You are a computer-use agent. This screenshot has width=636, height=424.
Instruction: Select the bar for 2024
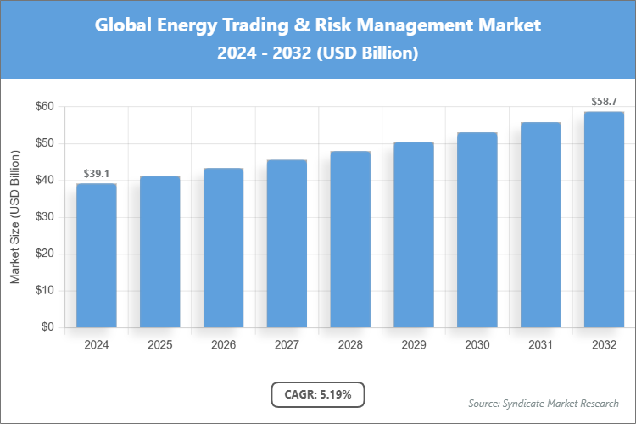[x=97, y=255]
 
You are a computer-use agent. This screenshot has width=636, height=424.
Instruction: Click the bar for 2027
[x=287, y=243]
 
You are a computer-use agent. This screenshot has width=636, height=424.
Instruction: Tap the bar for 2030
[x=477, y=230]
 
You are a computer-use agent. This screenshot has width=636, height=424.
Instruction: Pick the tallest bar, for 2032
[x=604, y=220]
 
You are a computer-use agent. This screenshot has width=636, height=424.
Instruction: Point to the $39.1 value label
[x=97, y=174]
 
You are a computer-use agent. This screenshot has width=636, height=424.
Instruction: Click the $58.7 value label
[x=604, y=102]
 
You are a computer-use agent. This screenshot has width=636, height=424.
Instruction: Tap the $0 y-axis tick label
[x=47, y=327]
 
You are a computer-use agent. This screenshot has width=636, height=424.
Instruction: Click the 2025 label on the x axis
[x=160, y=345]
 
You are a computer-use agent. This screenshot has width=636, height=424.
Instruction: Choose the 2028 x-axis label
[x=350, y=345]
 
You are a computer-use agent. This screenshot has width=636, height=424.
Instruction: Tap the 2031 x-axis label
[x=540, y=345]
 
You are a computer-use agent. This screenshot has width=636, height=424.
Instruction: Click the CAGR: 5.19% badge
[x=317, y=394]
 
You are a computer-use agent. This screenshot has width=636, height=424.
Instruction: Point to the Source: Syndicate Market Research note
[x=543, y=403]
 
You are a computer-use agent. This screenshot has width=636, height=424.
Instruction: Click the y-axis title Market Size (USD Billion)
[x=14, y=217]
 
